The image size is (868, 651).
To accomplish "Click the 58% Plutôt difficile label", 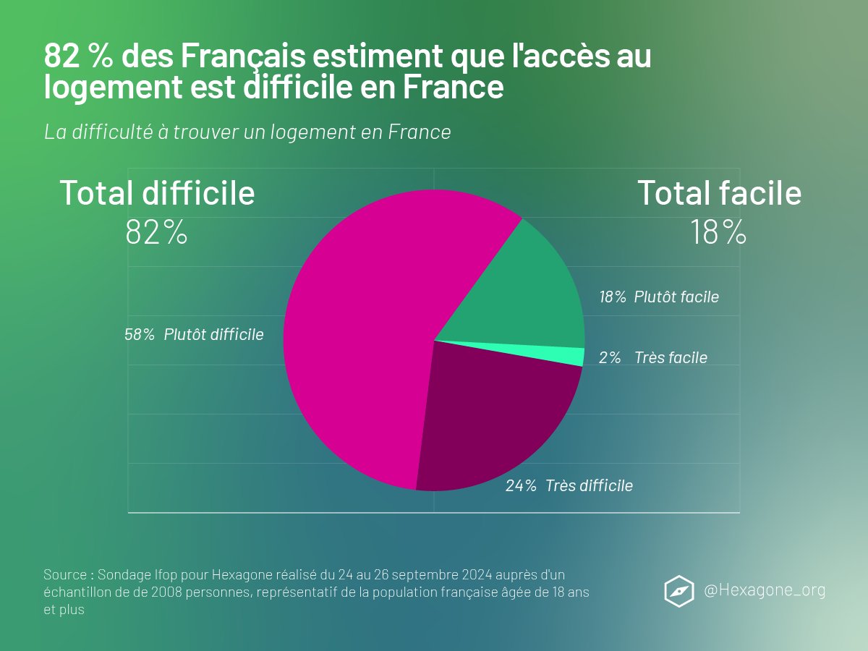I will tap(194, 335).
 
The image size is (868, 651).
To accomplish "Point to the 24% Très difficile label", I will tap(569, 486).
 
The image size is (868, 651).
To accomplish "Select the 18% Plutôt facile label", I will tap(659, 297).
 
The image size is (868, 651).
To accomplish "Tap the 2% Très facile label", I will tap(653, 358).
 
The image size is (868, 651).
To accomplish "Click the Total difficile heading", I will tap(157, 193).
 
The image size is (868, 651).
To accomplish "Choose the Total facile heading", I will tap(719, 193).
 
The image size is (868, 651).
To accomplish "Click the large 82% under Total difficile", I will tap(156, 233).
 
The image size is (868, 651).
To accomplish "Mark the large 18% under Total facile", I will tap(718, 233).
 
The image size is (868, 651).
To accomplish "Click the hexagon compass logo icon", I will tap(679, 590).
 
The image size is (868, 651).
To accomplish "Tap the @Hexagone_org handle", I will tap(765, 590).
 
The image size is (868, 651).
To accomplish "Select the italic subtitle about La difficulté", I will tap(247, 132).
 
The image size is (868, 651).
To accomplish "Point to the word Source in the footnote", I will tap(65, 575).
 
